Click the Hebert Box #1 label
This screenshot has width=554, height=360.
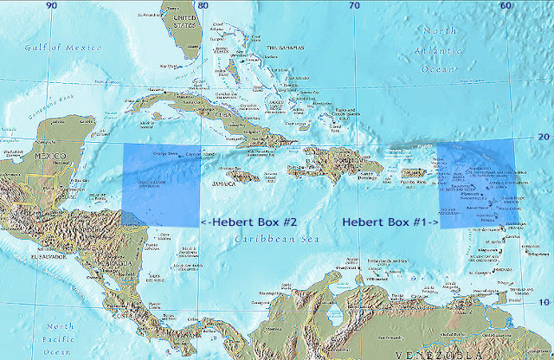coord(390,222)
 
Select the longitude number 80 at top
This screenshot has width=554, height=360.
coord(202,6)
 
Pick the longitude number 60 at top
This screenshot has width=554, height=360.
coord(506,6)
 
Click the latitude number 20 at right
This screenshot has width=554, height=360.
coord(544,137)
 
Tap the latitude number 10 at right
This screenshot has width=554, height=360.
coord(544,300)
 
